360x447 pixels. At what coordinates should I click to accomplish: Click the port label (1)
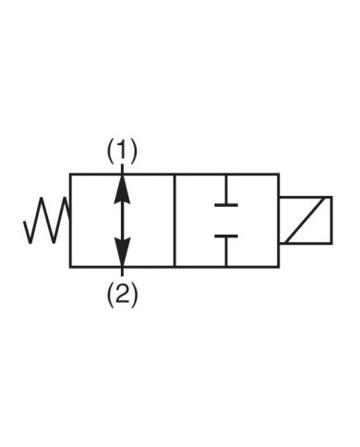122,151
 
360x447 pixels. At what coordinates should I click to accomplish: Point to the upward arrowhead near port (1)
122,182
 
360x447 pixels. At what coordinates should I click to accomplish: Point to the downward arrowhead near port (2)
122,256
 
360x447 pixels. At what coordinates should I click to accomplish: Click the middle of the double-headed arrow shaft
122,220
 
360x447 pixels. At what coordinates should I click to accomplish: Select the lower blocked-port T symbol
226,238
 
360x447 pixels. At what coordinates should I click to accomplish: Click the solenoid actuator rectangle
306,221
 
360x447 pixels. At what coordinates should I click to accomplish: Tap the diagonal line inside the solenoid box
306,221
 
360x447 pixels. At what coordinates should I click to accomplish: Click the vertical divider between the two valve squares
175,220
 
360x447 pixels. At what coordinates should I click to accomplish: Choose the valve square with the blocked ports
227,220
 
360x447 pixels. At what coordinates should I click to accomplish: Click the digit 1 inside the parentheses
122,151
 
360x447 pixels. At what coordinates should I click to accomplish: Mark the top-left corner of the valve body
70,173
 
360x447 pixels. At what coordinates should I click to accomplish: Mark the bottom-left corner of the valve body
70,267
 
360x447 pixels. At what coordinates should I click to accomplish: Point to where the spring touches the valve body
70,222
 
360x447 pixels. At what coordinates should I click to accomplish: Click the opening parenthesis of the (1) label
111,151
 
